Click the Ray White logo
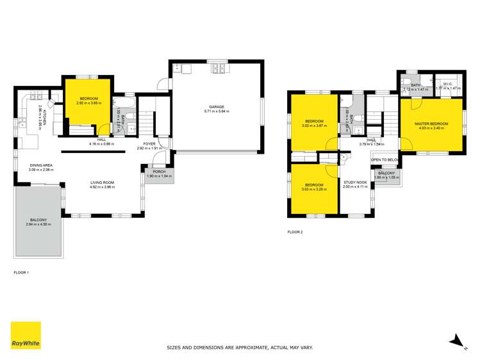(x=26, y=336)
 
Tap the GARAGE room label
(x=215, y=107)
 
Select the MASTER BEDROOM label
(x=431, y=123)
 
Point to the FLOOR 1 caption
(x=22, y=272)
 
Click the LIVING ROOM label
(x=103, y=183)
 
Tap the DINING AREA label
(x=42, y=165)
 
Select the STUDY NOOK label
(x=355, y=182)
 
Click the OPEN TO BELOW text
(x=385, y=160)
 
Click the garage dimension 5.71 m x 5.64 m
(x=215, y=111)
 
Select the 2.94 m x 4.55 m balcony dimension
(x=38, y=224)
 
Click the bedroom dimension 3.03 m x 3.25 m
(x=314, y=190)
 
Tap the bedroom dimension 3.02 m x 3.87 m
(x=314, y=126)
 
